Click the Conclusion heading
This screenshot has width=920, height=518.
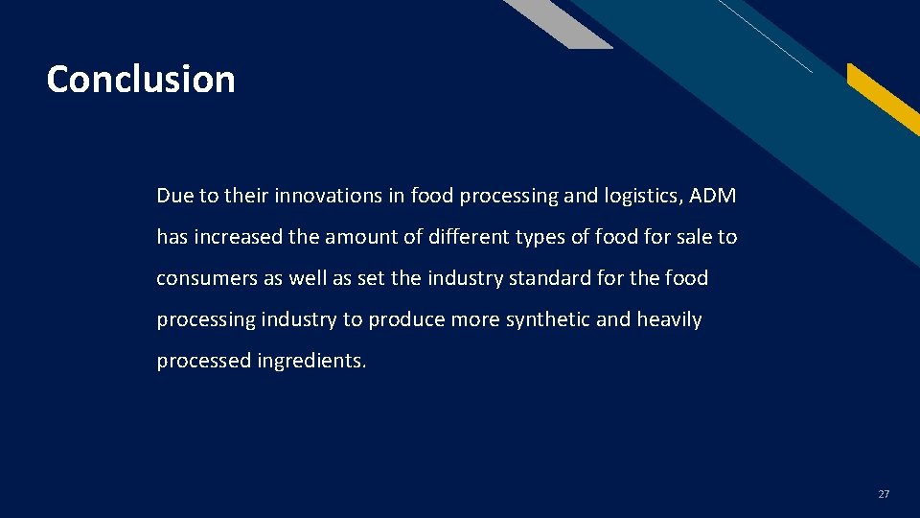(x=141, y=79)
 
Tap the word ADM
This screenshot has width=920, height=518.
(x=713, y=196)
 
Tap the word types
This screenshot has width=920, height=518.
(x=544, y=238)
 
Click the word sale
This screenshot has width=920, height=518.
(x=689, y=237)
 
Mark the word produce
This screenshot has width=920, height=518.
(x=410, y=320)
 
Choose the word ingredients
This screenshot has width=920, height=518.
(x=311, y=362)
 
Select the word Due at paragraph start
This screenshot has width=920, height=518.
(x=174, y=196)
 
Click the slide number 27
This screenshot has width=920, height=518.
(x=884, y=494)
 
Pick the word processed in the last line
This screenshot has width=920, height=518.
(x=203, y=362)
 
